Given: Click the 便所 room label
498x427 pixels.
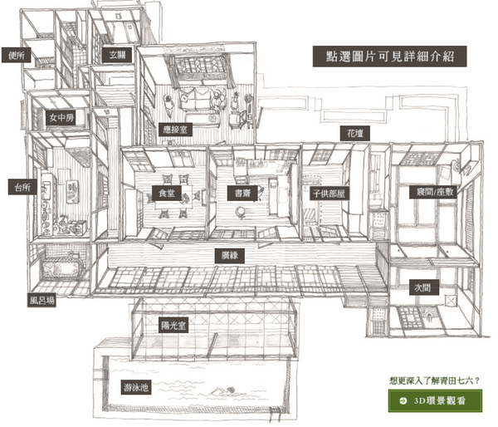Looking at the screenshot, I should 17,56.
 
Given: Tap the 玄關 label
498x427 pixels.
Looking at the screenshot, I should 115,54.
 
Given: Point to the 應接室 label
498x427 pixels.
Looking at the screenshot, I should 176,130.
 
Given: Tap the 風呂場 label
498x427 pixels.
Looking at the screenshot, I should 41,301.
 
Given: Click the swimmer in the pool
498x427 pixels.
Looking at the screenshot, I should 222,390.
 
